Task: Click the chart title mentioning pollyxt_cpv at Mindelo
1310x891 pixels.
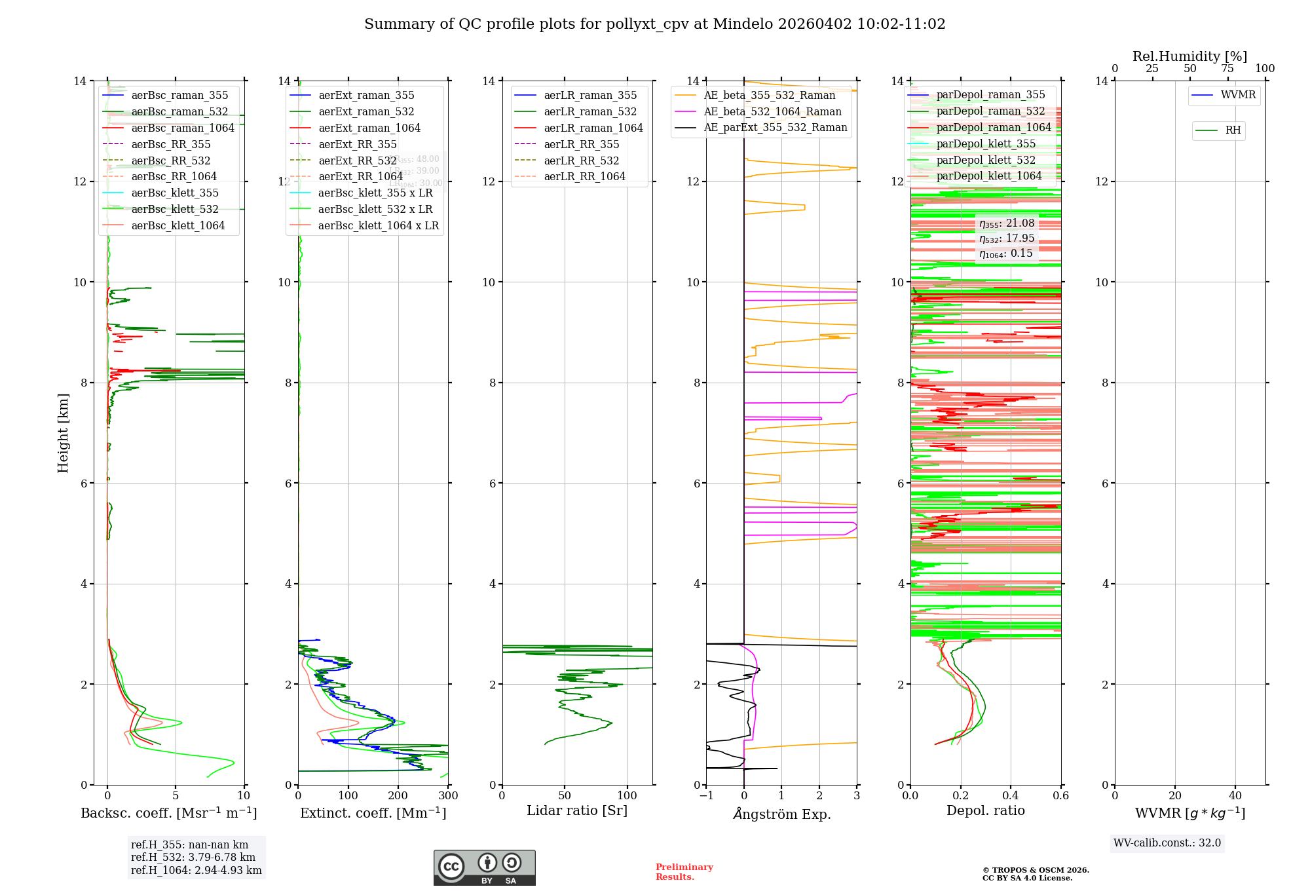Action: click(654, 24)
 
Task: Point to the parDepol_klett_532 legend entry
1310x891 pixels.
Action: click(985, 160)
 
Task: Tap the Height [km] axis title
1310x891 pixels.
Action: click(63, 432)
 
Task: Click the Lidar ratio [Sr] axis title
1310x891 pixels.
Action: click(576, 810)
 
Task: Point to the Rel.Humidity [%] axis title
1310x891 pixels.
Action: click(1189, 56)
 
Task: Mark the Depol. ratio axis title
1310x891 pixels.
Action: click(985, 810)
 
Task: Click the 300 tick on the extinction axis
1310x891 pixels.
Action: click(448, 796)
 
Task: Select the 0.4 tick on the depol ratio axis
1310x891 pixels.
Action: click(1011, 796)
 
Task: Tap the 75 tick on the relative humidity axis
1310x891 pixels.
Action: click(1227, 69)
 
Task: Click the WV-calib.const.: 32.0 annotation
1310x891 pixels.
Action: click(1167, 843)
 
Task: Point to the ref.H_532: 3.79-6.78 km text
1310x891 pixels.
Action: click(193, 858)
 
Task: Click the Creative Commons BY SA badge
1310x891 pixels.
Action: click(484, 867)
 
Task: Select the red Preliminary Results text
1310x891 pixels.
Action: click(684, 872)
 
